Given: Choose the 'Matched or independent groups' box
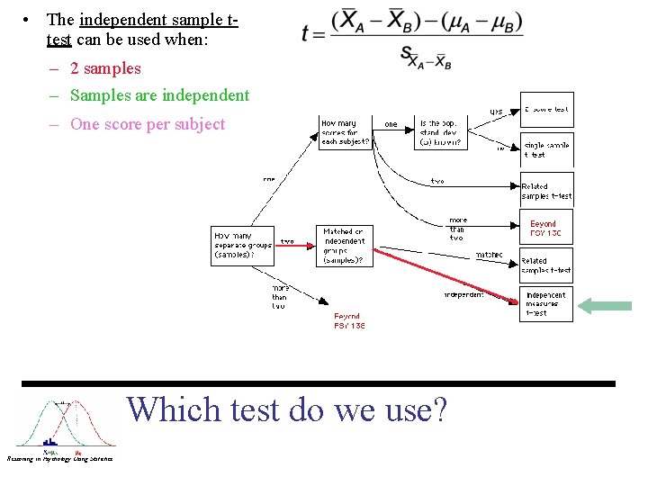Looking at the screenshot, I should pos(345,245).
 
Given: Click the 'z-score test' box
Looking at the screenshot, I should pos(547,110).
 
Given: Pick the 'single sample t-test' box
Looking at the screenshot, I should pos(547,149).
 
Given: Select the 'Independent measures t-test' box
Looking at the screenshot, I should pos(546,304).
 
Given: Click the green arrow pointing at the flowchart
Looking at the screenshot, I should pos(605,306).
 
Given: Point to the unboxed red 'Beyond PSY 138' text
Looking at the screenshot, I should pos(349,321).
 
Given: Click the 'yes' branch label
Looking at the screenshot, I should pos(496,112).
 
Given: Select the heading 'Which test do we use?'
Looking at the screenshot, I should pos(287,409).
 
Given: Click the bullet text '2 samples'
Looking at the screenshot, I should pos(105,68).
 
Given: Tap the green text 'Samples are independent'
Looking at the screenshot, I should pos(159,95).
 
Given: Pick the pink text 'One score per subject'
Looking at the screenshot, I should pos(148,124).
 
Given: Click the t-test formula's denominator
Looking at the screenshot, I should pos(426,58).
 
